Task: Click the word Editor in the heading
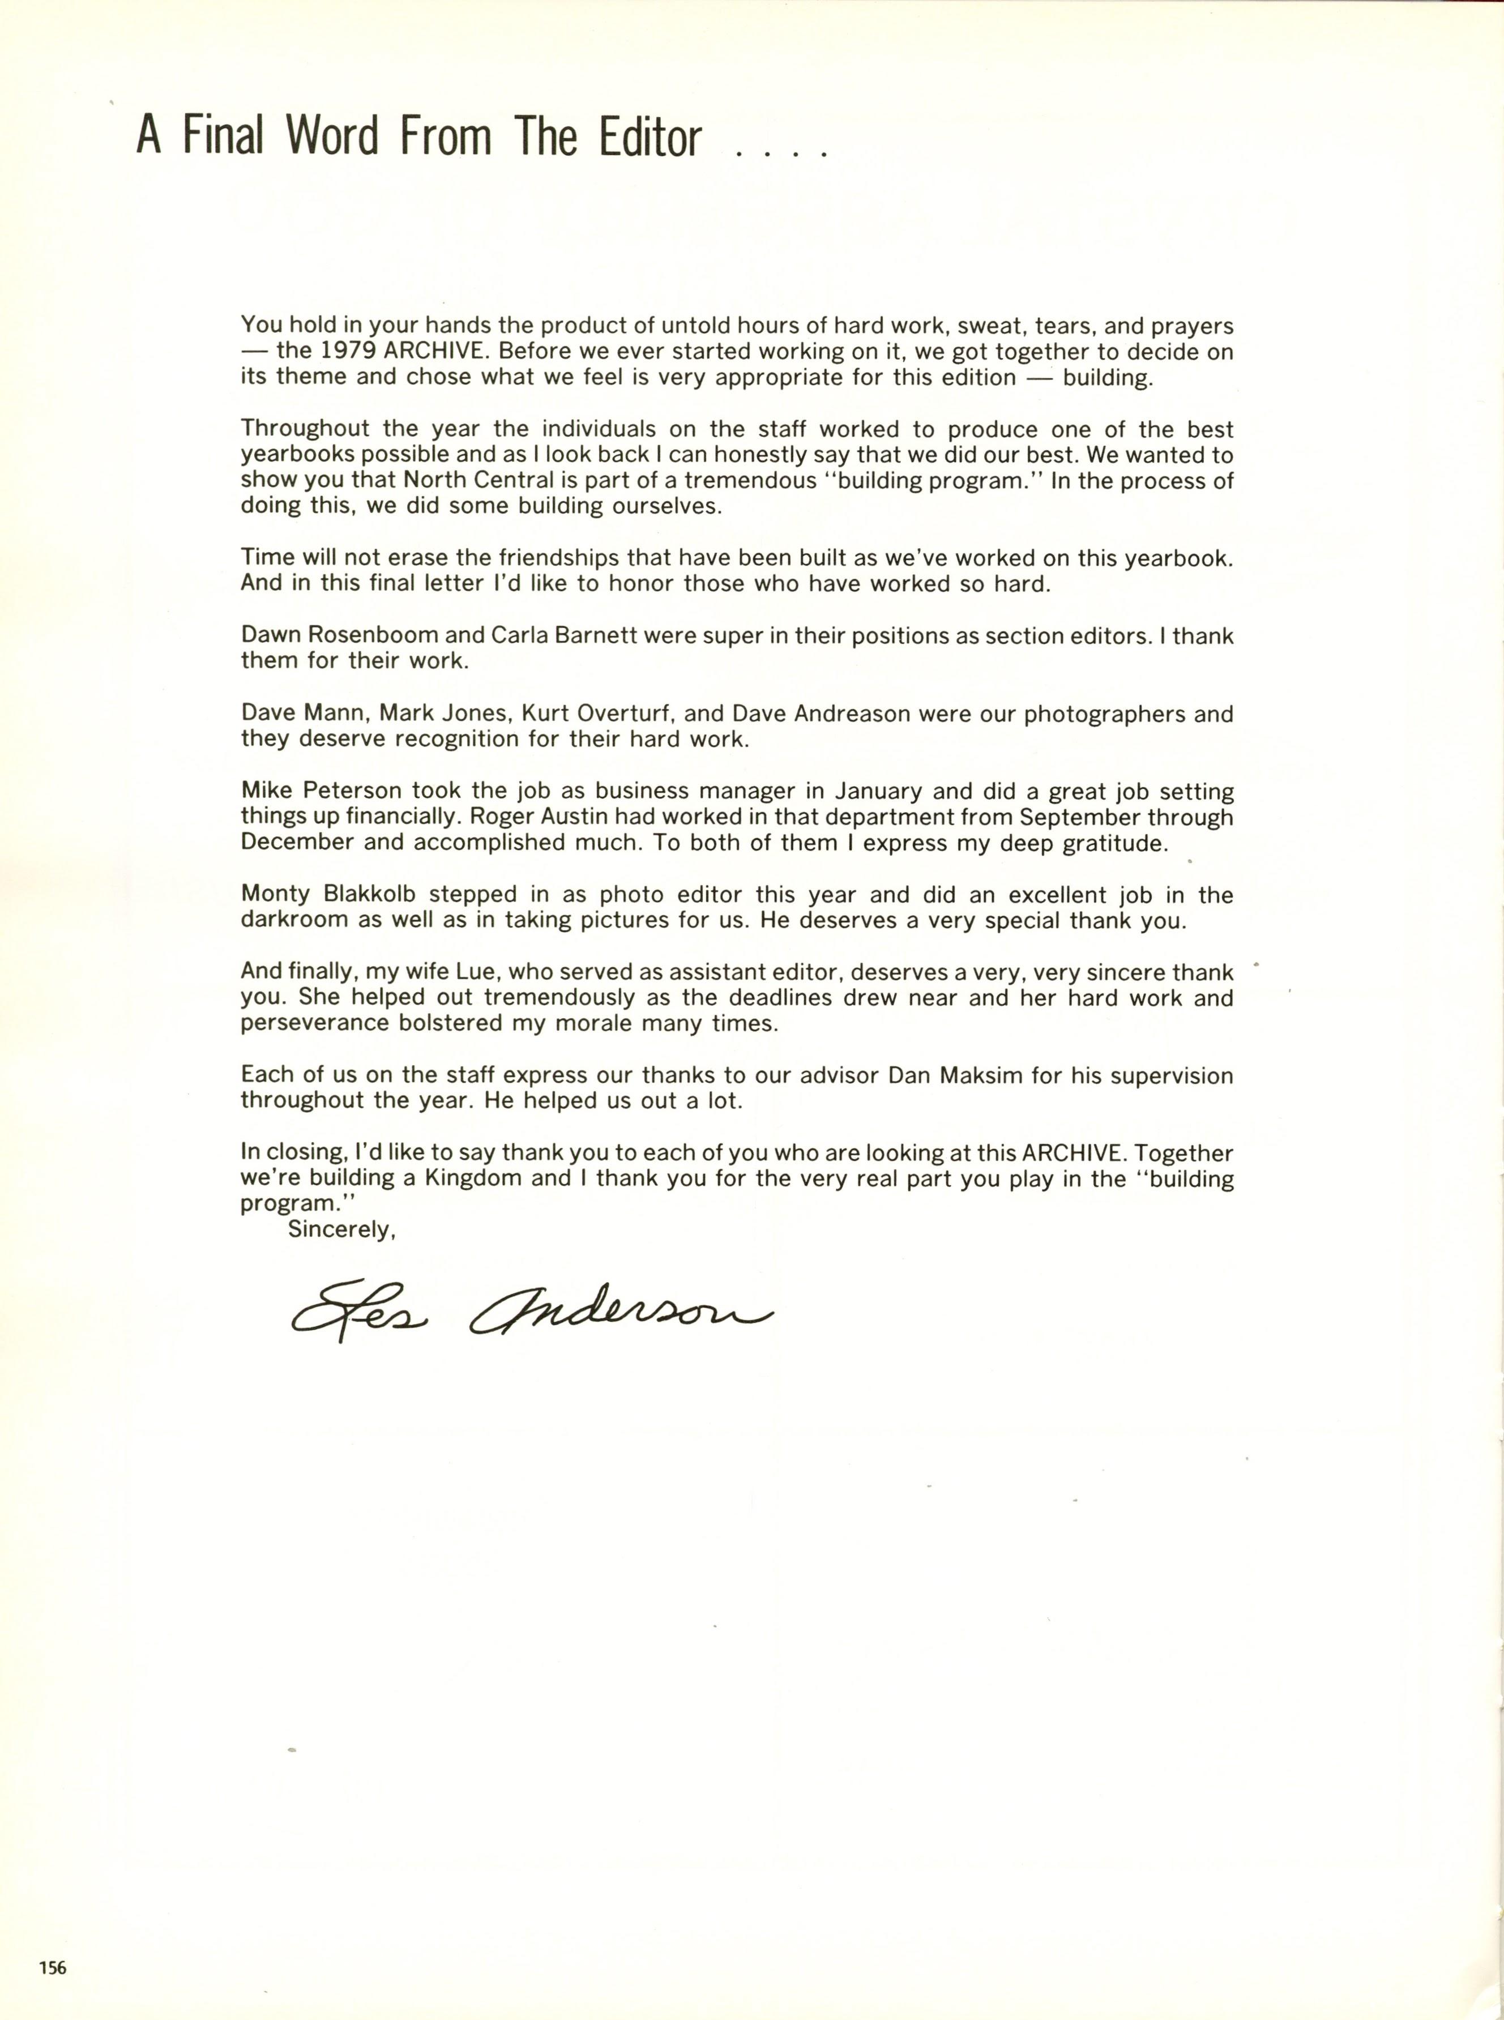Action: pyautogui.click(x=650, y=138)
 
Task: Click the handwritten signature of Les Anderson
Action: pyautogui.click(x=531, y=1314)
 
